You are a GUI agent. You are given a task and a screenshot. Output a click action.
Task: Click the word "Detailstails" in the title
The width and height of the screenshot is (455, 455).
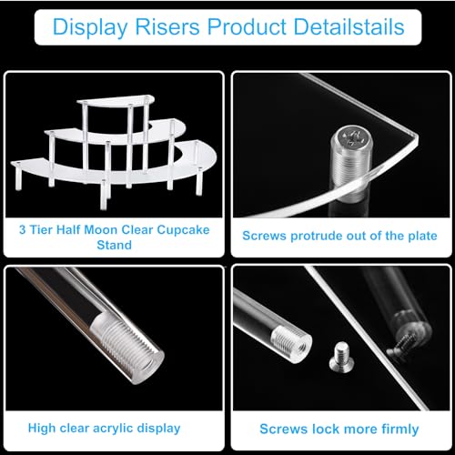(x=348, y=27)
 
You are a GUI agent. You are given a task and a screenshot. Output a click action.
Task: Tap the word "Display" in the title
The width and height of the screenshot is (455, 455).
(x=86, y=27)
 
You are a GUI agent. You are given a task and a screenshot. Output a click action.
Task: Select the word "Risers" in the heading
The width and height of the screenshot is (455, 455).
(x=163, y=27)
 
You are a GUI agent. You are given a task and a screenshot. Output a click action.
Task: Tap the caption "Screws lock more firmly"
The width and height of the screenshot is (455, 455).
(x=339, y=429)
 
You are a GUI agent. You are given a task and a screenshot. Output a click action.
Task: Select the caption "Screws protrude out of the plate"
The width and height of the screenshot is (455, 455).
(x=339, y=235)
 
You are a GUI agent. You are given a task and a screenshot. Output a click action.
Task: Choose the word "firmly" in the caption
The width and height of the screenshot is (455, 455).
(x=398, y=429)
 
